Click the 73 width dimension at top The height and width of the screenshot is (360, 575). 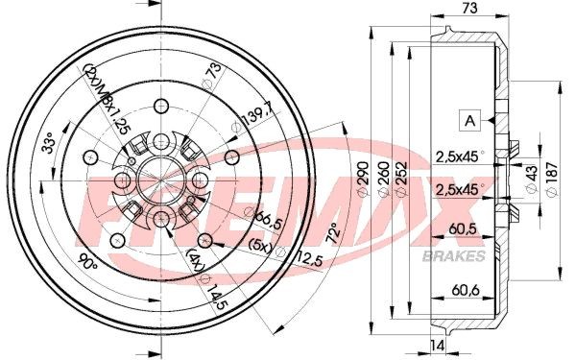tap(468, 8)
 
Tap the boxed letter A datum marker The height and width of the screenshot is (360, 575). tap(470, 120)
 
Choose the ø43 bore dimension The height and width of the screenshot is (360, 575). tap(531, 179)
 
